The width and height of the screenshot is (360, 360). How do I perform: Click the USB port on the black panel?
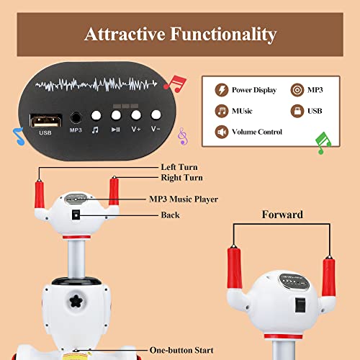(x=45, y=120)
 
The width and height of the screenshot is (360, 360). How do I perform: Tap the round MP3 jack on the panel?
(x=76, y=118)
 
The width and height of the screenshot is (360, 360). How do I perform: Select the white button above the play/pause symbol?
(x=116, y=115)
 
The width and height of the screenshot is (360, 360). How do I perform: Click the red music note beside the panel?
(x=175, y=84)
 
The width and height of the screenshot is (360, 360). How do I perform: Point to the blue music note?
(x=19, y=136)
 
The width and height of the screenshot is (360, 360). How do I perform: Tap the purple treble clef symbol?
(x=183, y=136)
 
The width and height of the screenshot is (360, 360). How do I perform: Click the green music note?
(x=323, y=143)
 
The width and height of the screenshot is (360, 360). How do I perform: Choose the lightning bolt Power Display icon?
(x=222, y=90)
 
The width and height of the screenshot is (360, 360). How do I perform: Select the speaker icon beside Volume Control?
(x=222, y=132)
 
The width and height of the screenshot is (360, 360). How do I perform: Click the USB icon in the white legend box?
(x=297, y=111)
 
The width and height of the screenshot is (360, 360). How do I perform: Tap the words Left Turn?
(x=179, y=167)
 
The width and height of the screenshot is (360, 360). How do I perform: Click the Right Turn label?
(x=182, y=178)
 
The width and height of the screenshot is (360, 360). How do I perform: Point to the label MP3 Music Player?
(x=184, y=199)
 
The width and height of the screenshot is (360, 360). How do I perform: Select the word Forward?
(x=282, y=215)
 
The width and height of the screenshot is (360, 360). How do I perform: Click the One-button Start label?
(x=181, y=350)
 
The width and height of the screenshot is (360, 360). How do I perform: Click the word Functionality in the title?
(x=223, y=35)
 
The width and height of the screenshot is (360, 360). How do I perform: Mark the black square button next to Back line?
(x=76, y=215)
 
